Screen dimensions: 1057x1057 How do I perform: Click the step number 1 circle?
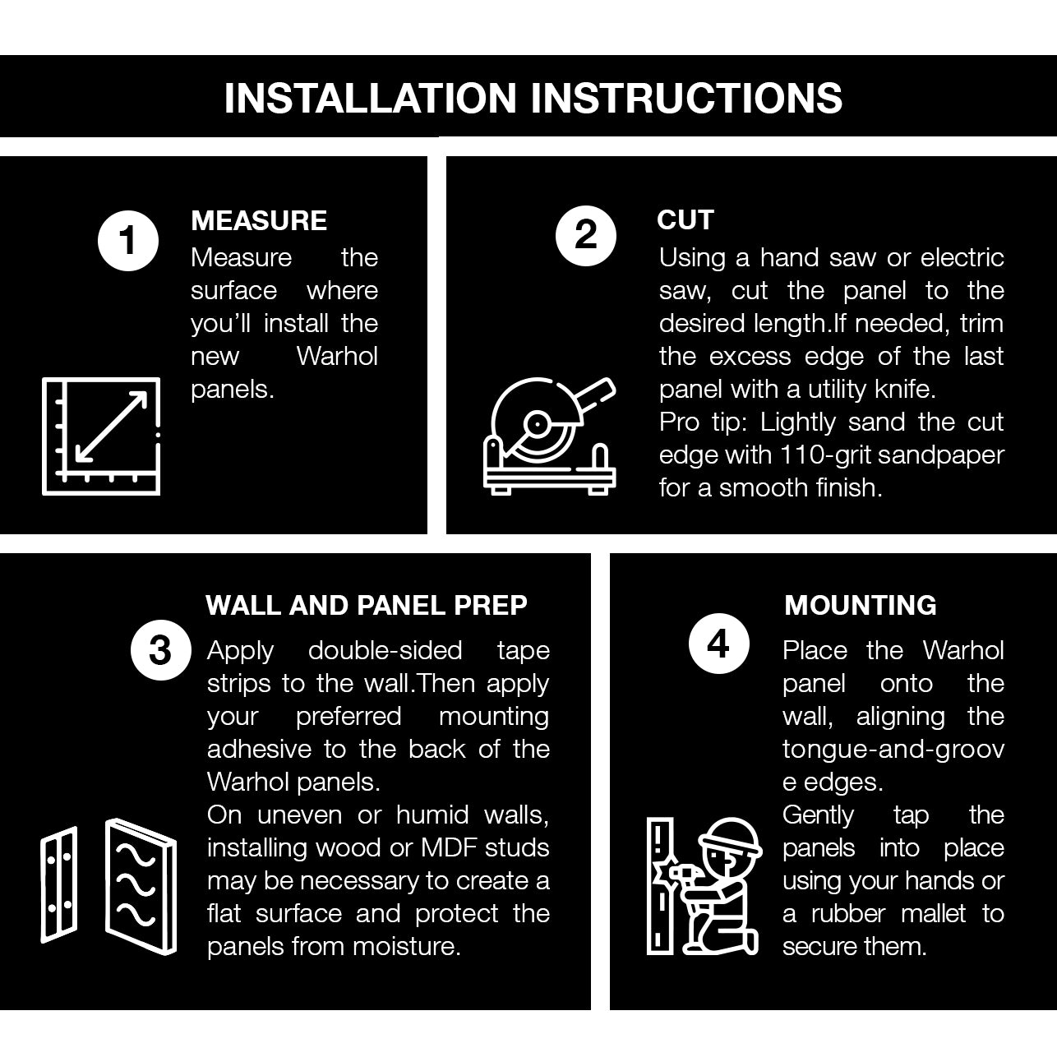pos(128,240)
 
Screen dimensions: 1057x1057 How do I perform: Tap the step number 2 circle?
pos(586,236)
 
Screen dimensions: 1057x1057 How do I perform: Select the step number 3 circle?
pos(161,650)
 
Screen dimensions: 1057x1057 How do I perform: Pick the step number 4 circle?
pos(718,644)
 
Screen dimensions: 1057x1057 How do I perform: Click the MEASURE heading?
pos(259,221)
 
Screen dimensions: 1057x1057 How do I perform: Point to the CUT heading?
pos(685,220)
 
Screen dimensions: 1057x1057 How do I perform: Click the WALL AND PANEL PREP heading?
pos(367,606)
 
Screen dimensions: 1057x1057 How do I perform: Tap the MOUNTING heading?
pos(860,606)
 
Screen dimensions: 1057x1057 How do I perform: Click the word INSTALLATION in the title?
pos(370,98)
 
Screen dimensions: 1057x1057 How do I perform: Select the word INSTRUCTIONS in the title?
pos(686,98)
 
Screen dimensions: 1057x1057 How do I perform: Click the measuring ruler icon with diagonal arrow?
pos(101,436)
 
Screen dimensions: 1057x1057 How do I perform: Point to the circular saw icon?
pos(550,436)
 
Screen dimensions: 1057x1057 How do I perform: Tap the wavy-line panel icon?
pos(141,886)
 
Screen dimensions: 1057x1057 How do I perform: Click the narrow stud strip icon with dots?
pos(58,884)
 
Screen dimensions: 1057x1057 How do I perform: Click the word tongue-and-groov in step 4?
pos(893,750)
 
